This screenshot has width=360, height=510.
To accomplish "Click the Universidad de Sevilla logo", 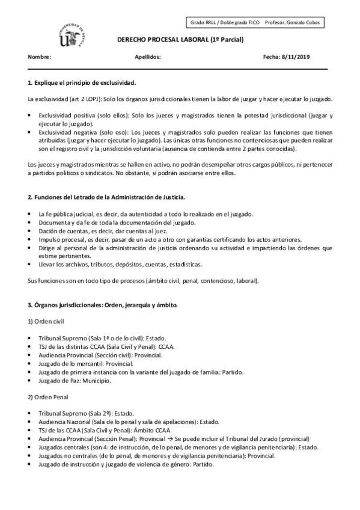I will coord(72,33).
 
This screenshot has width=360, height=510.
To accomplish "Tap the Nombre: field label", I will coord(40,57).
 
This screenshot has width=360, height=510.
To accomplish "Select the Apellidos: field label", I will coord(149,57).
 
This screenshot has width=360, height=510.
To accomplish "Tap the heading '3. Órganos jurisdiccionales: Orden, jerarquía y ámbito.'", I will coord(103,305).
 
